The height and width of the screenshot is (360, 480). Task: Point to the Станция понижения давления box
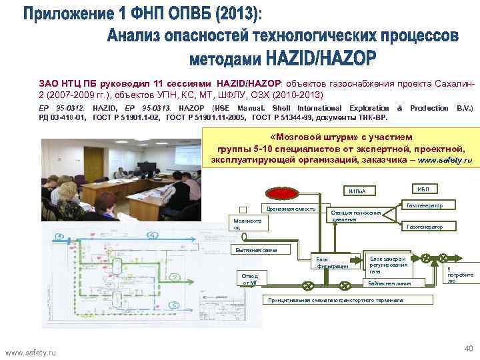pyautogui.click(x=356, y=215)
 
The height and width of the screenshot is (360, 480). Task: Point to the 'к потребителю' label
pyautogui.click(x=460, y=274)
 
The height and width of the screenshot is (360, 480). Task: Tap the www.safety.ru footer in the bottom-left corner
pyautogui.click(x=31, y=351)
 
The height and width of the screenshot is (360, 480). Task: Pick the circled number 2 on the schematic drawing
pyautogui.click(x=175, y=276)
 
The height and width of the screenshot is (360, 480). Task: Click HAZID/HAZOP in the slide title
pyautogui.click(x=321, y=59)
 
